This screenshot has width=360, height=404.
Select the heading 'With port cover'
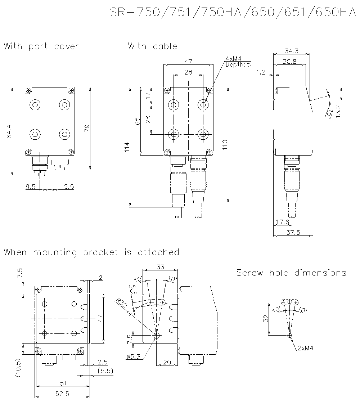[x=41, y=46]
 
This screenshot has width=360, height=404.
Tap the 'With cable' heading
[x=153, y=46]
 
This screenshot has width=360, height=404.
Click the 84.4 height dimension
[x=9, y=131]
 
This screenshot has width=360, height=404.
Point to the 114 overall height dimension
[x=127, y=147]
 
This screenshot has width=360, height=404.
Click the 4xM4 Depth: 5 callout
[x=238, y=62]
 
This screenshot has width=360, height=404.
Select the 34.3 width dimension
[x=291, y=51]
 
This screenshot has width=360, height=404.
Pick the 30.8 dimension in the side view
[x=289, y=62]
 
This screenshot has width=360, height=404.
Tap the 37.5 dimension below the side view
[x=293, y=233]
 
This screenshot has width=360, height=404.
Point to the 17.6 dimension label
[x=282, y=222]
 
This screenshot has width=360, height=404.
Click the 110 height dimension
[x=225, y=145]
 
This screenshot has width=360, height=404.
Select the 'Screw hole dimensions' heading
[x=291, y=273]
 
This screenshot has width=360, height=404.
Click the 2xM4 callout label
[x=306, y=348]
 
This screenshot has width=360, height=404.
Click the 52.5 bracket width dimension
[x=62, y=394]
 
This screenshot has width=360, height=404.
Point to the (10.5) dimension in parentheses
[x=18, y=367]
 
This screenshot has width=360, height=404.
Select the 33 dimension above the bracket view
[x=160, y=267]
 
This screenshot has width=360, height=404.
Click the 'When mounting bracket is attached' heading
[x=91, y=252]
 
